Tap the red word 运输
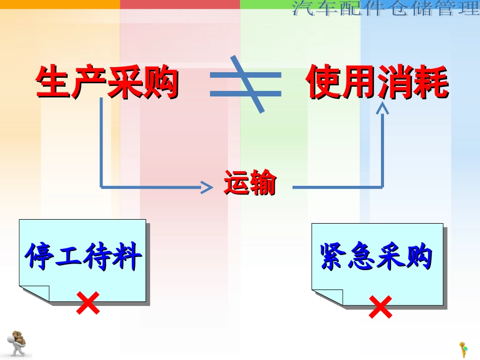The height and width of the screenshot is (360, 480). (x=250, y=184)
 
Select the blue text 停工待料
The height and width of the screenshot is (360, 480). (x=83, y=257)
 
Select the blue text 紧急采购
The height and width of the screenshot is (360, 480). (x=376, y=257)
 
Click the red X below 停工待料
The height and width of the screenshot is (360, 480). (x=87, y=303)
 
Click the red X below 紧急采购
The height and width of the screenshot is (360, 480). (x=380, y=307)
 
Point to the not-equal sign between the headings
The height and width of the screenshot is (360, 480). (x=246, y=84)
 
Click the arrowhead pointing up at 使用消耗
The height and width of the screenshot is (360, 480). (x=382, y=108)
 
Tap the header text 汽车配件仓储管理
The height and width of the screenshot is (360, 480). (x=386, y=9)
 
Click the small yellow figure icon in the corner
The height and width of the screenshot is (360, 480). (x=463, y=349)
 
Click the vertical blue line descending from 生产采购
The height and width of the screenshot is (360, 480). (x=101, y=141)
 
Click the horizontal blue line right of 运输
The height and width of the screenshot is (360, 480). (x=336, y=187)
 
